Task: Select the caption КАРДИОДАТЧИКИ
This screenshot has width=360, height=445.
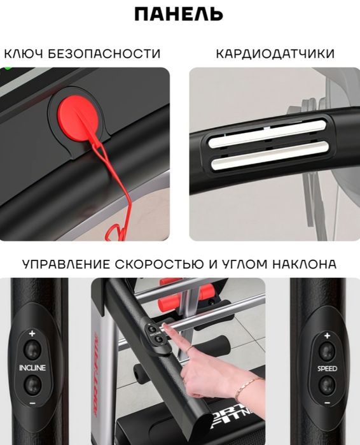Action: [275, 53]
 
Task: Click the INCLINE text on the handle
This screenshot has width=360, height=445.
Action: [32, 367]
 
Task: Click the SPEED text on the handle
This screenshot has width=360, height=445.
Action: [327, 367]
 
